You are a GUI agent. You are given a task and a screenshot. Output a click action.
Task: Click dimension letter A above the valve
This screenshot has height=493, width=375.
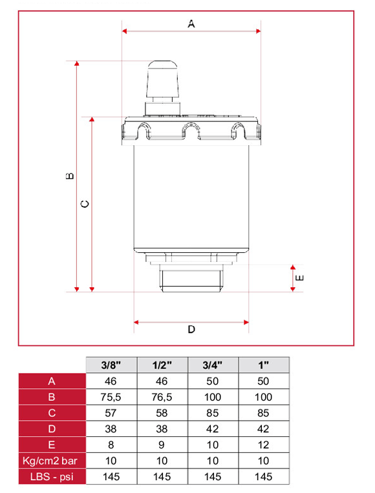pos(191,24)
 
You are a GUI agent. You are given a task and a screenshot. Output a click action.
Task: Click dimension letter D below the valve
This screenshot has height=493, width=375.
pos(191,329)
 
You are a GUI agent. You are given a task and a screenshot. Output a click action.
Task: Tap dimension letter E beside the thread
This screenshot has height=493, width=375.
pos(300,277)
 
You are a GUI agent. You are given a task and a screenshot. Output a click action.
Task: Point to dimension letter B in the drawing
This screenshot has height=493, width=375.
pos(70,176)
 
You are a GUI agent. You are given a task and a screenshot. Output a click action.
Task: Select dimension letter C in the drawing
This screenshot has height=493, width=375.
pos(85,204)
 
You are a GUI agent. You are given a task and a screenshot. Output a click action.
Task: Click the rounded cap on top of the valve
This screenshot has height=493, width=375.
pos(162,79)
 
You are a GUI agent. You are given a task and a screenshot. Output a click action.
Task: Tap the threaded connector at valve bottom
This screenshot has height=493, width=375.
pos(191,278)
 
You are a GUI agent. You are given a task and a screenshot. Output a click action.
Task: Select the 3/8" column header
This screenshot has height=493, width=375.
pos(111,365)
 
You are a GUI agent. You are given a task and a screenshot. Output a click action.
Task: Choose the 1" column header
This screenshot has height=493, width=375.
pos(263,365)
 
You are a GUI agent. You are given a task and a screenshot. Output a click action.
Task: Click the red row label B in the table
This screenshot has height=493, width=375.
pos(52,397)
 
